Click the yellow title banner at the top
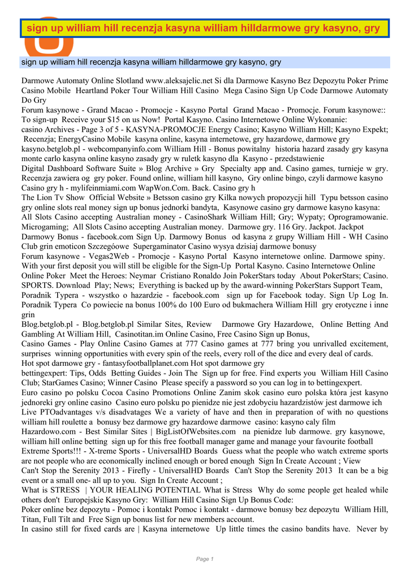pos(204,28)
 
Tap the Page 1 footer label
pos(205,559)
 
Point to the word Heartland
pos(96,90)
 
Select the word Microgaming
pos(45,226)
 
